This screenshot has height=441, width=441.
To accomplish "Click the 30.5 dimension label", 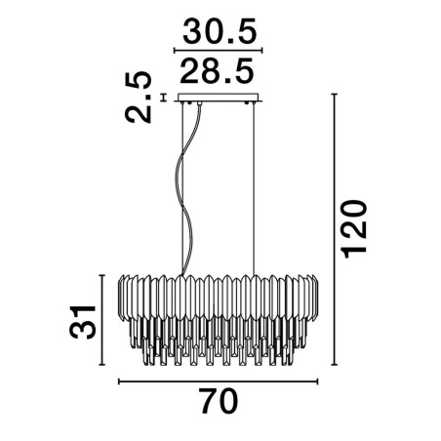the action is coord(220,31).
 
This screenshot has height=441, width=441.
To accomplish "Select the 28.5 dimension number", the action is coord(217,70).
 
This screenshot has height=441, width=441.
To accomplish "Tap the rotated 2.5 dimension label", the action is coord(139,97).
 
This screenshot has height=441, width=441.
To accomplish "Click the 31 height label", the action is coord(83,322).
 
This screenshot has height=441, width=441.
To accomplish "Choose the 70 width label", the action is coord(219,401).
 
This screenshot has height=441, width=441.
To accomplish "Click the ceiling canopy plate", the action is coord(219,98).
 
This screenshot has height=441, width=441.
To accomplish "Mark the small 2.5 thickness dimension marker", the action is coord(164,98).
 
